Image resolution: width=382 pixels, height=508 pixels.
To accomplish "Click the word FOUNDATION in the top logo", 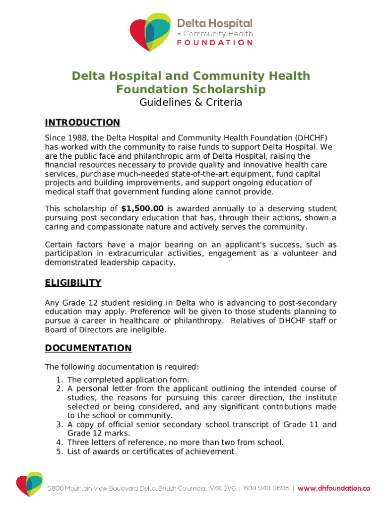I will pos(215,43).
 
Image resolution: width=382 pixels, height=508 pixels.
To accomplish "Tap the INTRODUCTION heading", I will pos(82,123).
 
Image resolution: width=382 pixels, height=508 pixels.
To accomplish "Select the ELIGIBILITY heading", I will pos(73,283).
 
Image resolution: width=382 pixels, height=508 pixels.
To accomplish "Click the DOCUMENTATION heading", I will pos(88,348).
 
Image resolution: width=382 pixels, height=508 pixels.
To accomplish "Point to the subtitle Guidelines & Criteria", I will pos(191,103).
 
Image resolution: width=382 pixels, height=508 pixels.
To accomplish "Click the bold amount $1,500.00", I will pos(142,209).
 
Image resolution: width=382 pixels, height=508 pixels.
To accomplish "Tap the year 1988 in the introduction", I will pos(76,138).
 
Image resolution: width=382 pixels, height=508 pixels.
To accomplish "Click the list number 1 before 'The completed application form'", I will pos(59,380).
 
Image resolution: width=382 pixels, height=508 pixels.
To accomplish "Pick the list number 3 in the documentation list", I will pos(59,425).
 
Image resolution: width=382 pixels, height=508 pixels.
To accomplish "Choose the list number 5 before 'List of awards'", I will pos(59,451).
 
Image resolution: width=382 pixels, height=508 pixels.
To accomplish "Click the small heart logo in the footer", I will pos(29,484).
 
